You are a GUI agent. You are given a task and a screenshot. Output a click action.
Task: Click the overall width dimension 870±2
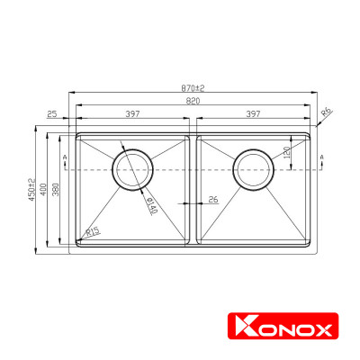click(193, 88)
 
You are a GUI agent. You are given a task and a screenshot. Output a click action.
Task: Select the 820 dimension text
click(193, 102)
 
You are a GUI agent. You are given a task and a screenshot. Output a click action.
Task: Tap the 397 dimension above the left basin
click(132, 114)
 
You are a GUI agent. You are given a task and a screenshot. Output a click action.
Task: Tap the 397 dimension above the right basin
click(252, 114)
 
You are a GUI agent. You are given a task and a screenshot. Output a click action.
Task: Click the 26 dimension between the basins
click(212, 199)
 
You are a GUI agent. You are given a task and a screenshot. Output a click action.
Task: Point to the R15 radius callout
click(91, 232)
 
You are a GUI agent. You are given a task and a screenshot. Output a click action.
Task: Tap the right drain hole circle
click(252, 168)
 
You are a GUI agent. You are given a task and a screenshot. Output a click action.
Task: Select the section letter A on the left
click(66, 157)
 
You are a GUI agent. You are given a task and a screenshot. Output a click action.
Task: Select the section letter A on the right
click(321, 157)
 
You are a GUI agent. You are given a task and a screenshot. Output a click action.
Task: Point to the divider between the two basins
click(193, 191)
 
